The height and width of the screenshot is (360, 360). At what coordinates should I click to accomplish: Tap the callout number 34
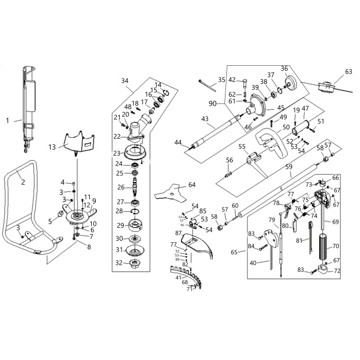(x=125, y=81)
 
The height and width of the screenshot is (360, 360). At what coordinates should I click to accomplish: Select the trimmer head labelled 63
(x=325, y=87)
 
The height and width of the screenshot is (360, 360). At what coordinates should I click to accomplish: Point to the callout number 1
(x=7, y=121)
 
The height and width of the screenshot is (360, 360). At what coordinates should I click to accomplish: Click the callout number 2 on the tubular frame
(x=23, y=182)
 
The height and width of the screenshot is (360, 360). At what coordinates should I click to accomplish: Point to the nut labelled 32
(x=134, y=262)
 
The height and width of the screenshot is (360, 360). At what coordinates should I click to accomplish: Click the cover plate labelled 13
(x=82, y=140)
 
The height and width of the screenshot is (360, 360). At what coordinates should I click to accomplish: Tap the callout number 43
(x=205, y=119)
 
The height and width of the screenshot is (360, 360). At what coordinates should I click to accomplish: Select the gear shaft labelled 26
(x=135, y=186)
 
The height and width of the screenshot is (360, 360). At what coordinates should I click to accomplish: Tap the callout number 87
(x=179, y=233)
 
